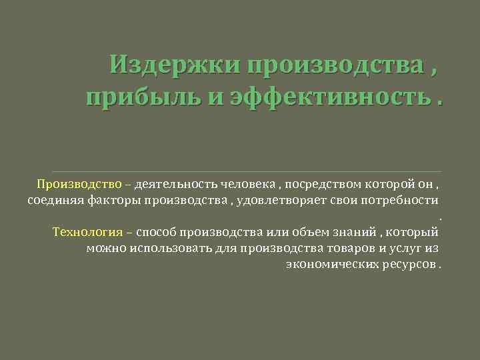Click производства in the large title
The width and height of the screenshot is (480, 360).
(x=331, y=66)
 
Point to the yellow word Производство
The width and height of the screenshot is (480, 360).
(x=79, y=184)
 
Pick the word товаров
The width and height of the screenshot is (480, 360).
(x=345, y=249)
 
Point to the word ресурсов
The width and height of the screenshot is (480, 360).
(x=407, y=265)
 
